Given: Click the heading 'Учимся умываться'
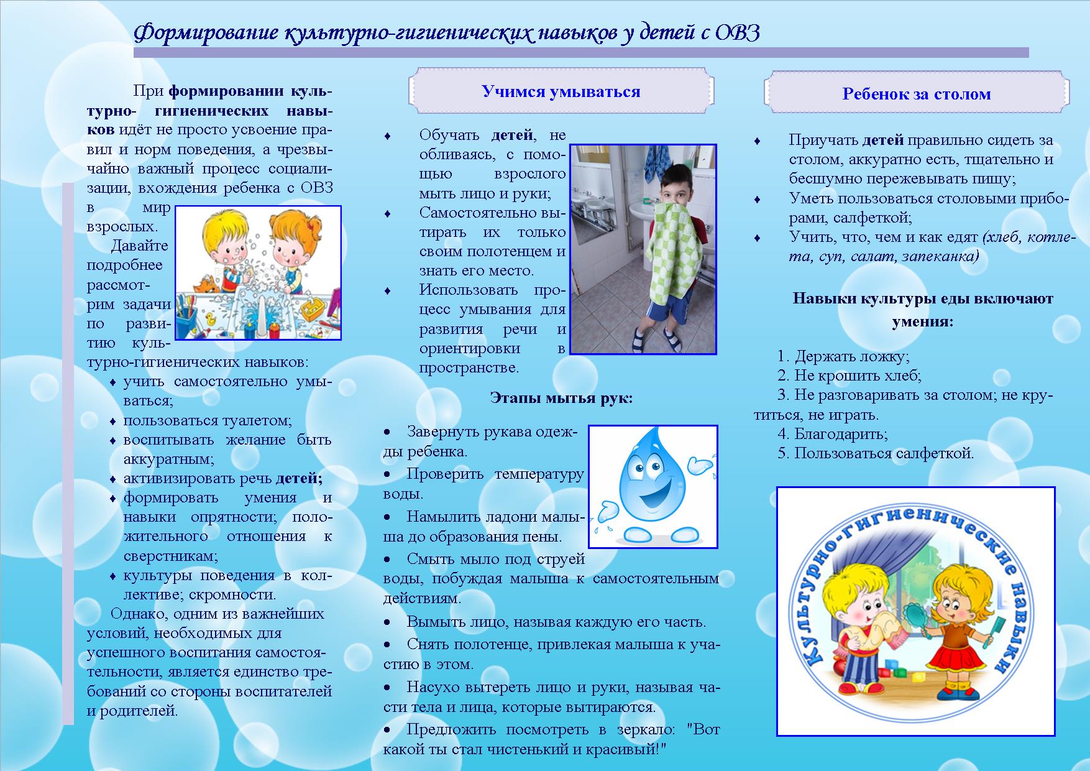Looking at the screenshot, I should (561, 92).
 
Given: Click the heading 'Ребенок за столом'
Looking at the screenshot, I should (916, 95).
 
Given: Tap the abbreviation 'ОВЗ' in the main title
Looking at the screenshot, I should (737, 33).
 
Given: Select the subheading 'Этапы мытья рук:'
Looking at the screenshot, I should (561, 398).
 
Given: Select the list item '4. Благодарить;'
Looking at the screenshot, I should (832, 434).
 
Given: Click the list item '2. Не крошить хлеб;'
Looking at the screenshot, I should (849, 376).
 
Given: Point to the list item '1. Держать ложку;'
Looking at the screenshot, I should (843, 356).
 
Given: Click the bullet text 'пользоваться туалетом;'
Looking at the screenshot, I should (208, 420).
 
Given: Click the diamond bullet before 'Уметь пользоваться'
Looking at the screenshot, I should (757, 199).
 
